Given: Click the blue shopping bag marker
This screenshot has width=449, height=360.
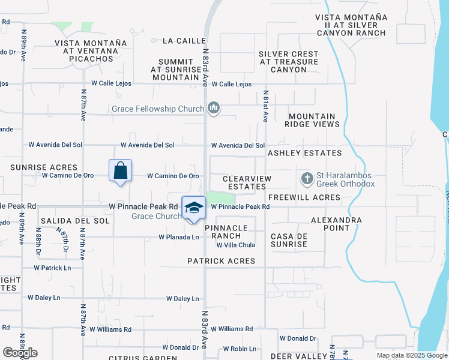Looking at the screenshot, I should pyautogui.click(x=121, y=171).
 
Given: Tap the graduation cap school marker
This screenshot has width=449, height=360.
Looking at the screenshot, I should pyautogui.click(x=193, y=208).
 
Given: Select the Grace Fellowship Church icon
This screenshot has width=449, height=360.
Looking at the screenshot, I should pyautogui.click(x=213, y=109).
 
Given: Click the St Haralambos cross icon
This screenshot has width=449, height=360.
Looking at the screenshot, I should pyautogui.click(x=307, y=179).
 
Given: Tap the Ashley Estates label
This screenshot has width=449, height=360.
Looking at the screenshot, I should pyautogui.click(x=304, y=154).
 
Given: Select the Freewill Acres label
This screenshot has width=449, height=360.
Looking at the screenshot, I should pyautogui.click(x=304, y=197).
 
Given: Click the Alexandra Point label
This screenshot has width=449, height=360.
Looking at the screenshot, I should pyautogui.click(x=336, y=224).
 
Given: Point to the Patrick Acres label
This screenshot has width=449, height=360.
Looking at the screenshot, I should pyautogui.click(x=221, y=261).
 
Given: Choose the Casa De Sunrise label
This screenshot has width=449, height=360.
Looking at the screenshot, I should pyautogui.click(x=289, y=240).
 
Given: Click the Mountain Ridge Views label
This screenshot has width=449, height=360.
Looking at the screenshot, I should pyautogui.click(x=313, y=120).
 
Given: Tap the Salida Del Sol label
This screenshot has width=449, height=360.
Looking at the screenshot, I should pyautogui.click(x=76, y=221).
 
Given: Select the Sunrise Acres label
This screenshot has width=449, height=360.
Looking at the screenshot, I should pyautogui.click(x=44, y=167).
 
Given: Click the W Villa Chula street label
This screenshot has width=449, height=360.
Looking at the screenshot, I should pyautogui.click(x=235, y=245).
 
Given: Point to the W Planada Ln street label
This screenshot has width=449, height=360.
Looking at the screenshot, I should pyautogui.click(x=178, y=238).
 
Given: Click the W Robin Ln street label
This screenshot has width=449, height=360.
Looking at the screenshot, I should pyautogui.click(x=240, y=349).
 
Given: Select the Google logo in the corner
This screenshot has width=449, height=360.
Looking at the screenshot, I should pyautogui.click(x=20, y=353).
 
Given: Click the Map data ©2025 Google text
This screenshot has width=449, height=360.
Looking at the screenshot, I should pyautogui.click(x=412, y=355).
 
